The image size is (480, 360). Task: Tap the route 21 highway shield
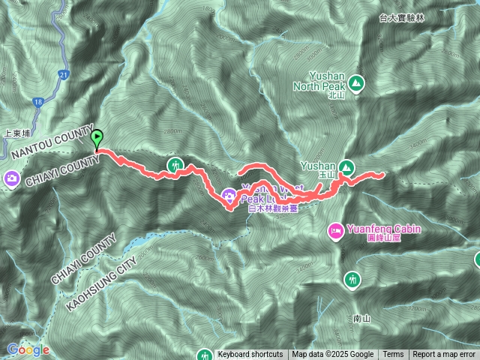click(x=64, y=75)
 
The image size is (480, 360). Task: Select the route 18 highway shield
click(x=37, y=102)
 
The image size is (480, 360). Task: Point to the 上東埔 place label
click(x=16, y=133)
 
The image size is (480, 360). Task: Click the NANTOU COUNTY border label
click(x=52, y=140)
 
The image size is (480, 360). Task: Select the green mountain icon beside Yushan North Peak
click(x=356, y=83)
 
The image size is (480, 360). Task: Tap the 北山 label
click(x=335, y=95)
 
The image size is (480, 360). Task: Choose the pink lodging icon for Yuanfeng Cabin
click(x=335, y=229)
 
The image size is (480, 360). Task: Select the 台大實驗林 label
click(x=401, y=16)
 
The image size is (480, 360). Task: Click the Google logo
click(x=28, y=349)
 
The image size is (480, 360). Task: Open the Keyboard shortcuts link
click(x=250, y=355)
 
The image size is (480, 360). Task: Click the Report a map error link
click(x=444, y=355)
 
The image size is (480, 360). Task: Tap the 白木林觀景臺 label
click(x=274, y=210)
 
